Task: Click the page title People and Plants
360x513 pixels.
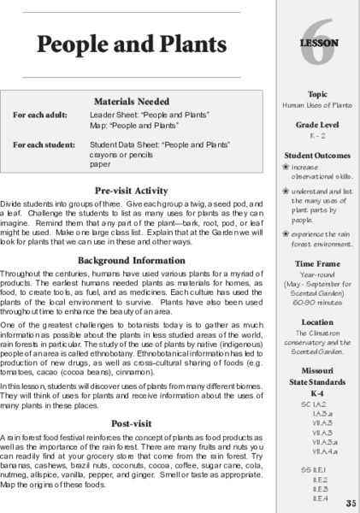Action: [122, 44]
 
